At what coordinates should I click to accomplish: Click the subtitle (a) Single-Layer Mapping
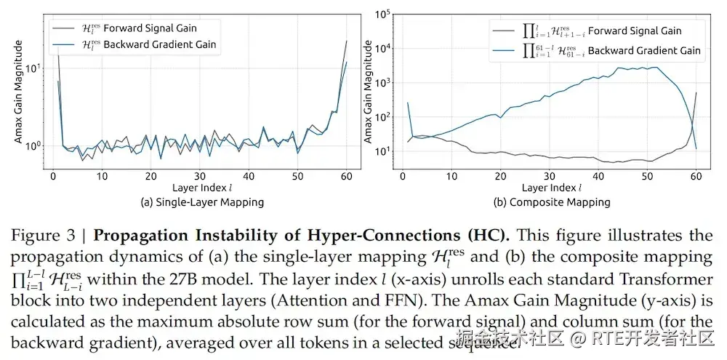201,201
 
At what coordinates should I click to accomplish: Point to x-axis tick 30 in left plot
200,177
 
